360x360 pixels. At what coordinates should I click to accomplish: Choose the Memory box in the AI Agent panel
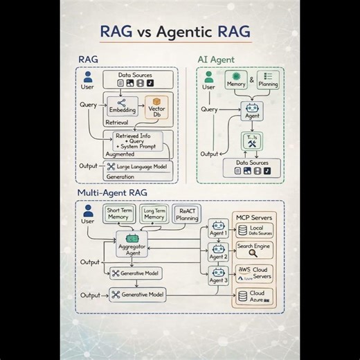tap(240, 80)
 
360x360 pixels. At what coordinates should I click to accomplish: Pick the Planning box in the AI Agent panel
tap(271, 80)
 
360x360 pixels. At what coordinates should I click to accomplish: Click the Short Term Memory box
tap(118, 213)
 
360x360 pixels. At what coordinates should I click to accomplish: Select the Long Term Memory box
tap(154, 213)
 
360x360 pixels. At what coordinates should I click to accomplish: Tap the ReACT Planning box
tap(188, 213)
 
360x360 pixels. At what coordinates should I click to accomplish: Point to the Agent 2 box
tap(219, 253)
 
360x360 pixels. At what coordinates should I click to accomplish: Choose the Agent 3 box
tap(219, 277)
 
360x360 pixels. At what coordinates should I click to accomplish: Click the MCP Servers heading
tap(254, 216)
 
